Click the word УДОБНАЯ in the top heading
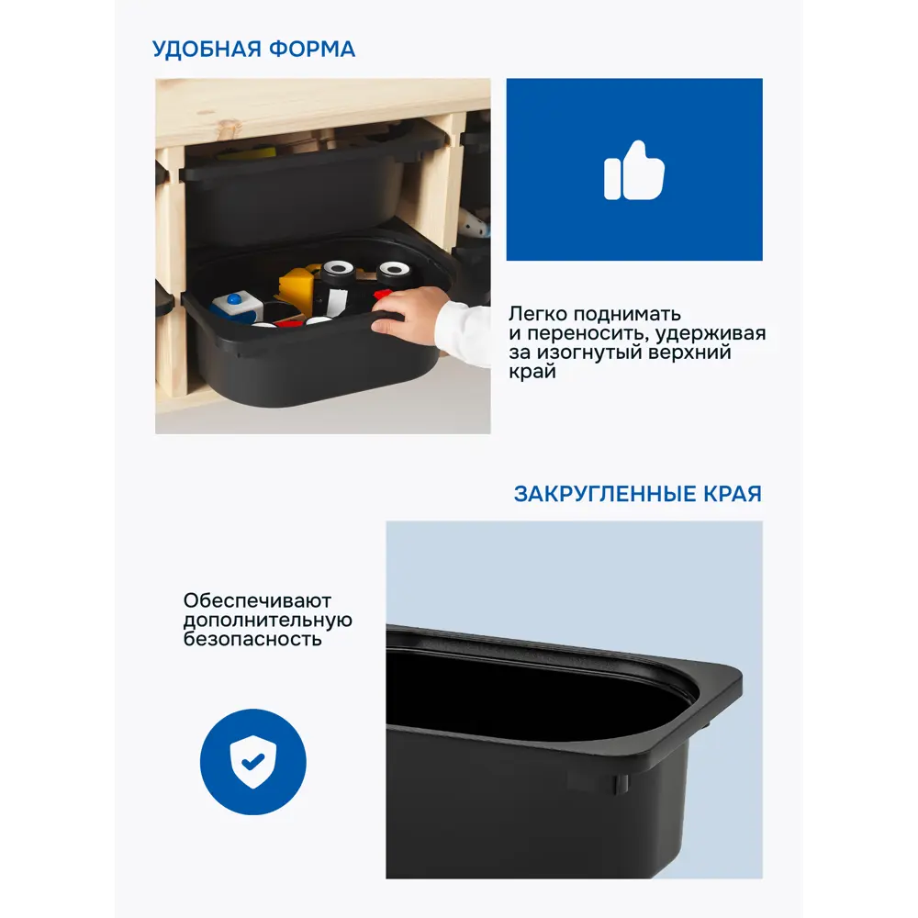[x=206, y=50]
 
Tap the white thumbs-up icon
[x=634, y=171]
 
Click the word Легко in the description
[x=538, y=314]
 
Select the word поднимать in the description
[x=627, y=314]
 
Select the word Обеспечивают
[x=257, y=600]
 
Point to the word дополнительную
[x=267, y=620]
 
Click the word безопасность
[x=252, y=639]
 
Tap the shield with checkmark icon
[x=253, y=762]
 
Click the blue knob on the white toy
[x=234, y=298]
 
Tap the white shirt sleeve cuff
[x=464, y=334]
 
